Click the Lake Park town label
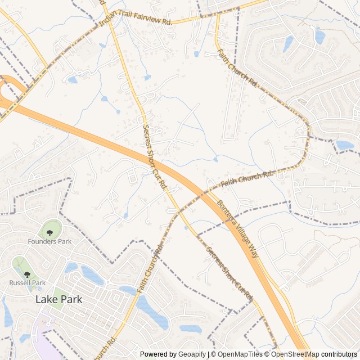coord(58,299)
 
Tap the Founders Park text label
coord(50,241)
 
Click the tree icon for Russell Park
coord(26,274)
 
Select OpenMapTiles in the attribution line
coord(240,354)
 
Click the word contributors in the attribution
coord(339,354)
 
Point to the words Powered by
coord(157,354)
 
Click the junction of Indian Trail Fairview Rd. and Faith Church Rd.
coord(216,15)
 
